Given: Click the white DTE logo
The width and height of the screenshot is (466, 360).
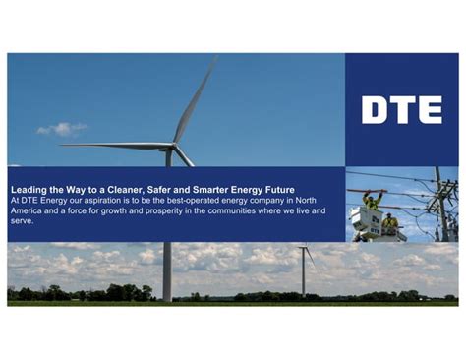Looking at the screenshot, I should [x=401, y=109].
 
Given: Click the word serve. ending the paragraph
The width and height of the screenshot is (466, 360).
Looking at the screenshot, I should [x=22, y=221].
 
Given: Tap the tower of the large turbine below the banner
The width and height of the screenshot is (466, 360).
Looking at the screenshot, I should [x=167, y=270].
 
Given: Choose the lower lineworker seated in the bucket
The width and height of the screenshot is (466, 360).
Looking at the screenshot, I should [x=390, y=222].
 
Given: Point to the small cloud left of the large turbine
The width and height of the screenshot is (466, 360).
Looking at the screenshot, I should [x=61, y=129].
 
